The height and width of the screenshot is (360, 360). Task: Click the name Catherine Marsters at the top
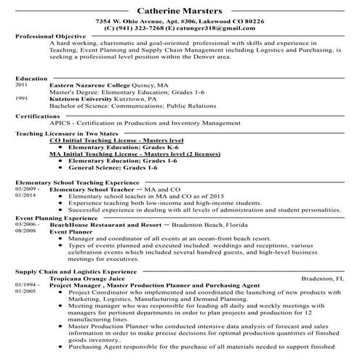point(180,11)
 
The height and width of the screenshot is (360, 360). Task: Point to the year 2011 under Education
point(21,85)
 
